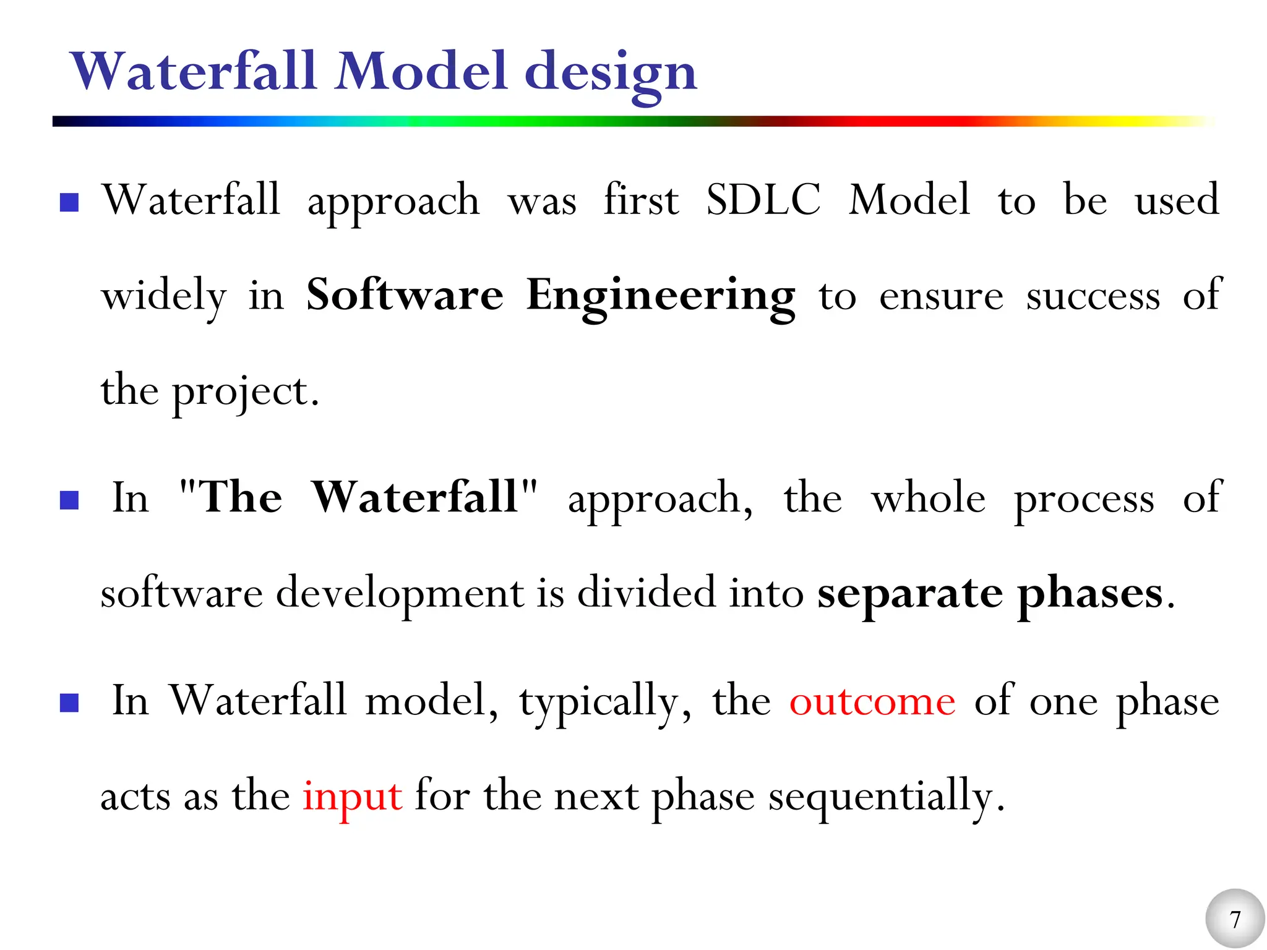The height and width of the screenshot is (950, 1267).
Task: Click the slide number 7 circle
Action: coord(1235,918)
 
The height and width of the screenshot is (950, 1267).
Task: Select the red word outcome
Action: coord(872,702)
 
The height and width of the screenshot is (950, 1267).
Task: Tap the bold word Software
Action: coord(405,295)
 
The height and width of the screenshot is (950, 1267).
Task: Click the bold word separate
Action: coord(909,594)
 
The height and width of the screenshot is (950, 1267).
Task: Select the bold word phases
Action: coord(1090,594)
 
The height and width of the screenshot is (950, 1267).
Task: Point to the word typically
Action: coord(599,703)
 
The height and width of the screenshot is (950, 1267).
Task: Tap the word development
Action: coord(400,594)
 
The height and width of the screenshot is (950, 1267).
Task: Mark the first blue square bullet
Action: coord(69,202)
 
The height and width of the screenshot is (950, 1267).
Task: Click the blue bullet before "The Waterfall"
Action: coord(69,500)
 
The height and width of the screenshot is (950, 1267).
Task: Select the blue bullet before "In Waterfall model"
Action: coord(69,703)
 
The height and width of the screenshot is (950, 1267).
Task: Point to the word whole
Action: coord(928,498)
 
